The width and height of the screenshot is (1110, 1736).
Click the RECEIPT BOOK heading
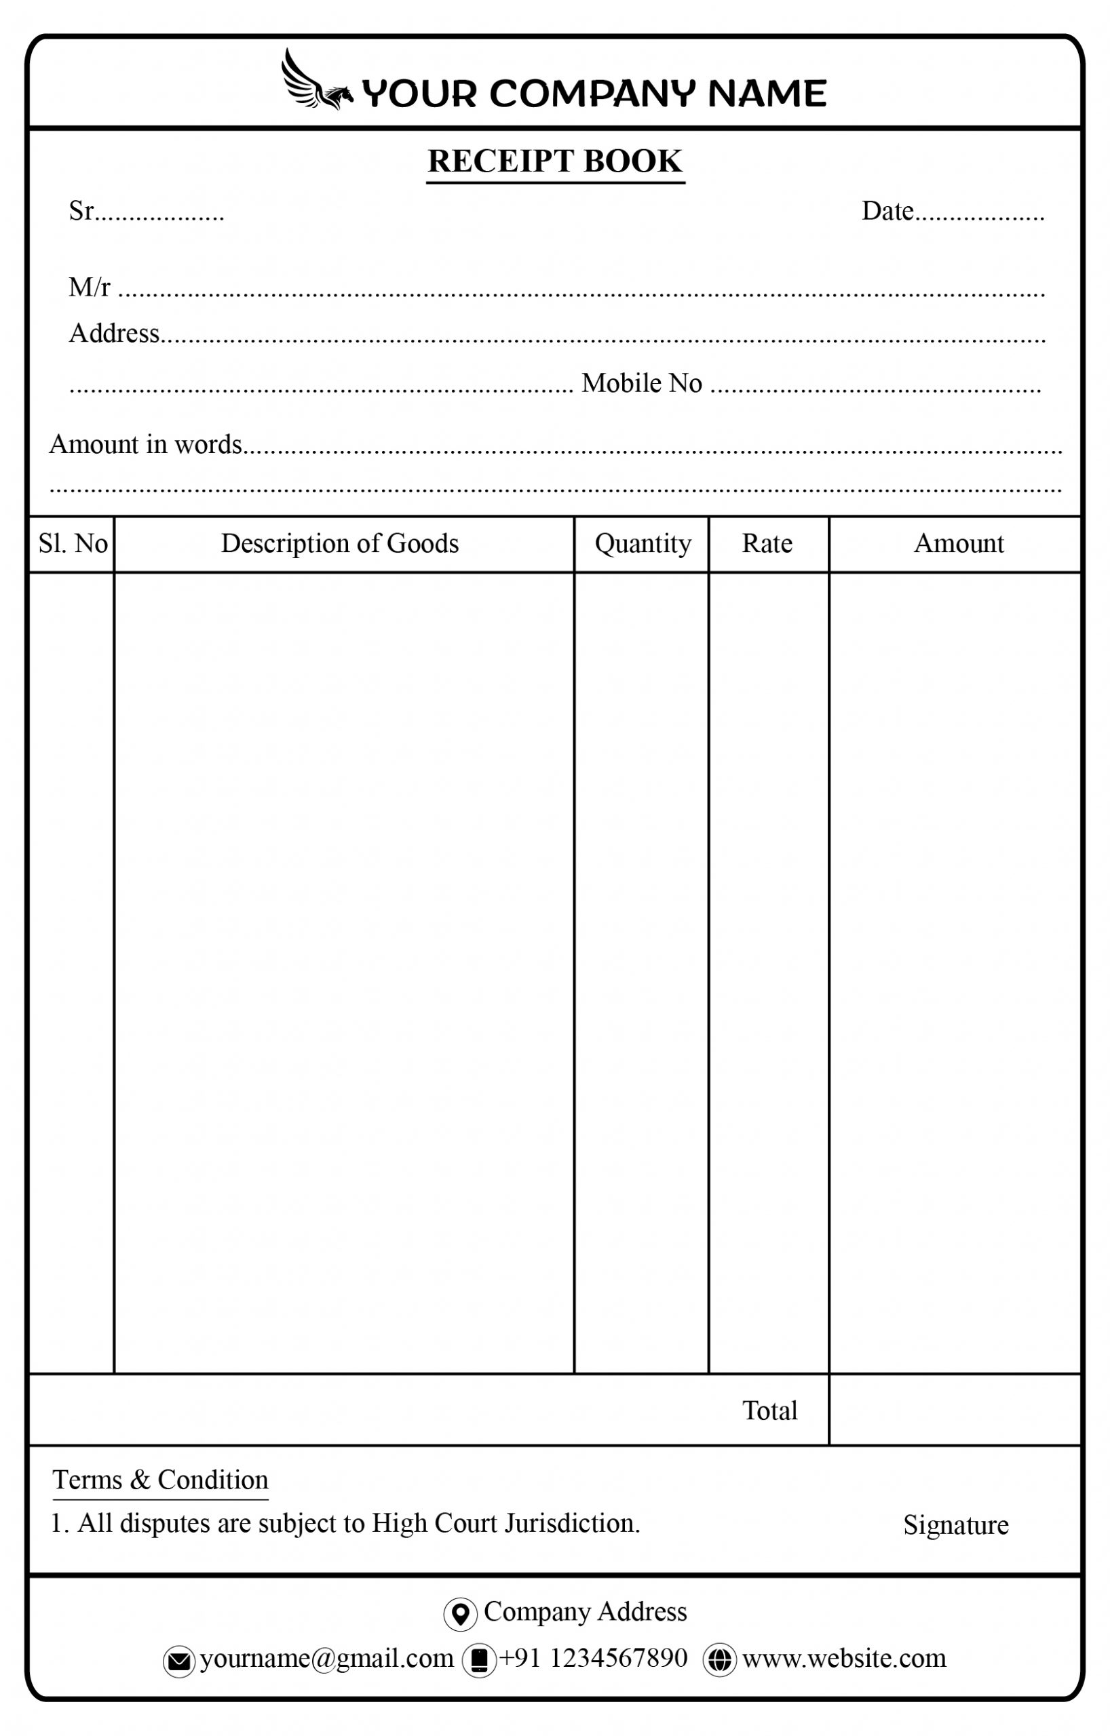[x=554, y=161]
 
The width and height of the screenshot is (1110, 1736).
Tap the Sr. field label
[x=81, y=211]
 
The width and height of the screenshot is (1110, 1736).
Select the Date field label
[x=887, y=211]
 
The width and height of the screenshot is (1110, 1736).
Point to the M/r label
[x=90, y=288]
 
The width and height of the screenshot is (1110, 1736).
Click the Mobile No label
[x=641, y=384]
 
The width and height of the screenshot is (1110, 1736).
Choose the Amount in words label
[x=146, y=445]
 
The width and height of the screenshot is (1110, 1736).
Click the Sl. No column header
[x=73, y=544]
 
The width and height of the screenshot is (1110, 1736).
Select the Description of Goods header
[x=340, y=544]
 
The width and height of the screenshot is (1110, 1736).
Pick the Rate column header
[x=767, y=544]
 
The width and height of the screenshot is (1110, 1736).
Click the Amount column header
[x=958, y=544]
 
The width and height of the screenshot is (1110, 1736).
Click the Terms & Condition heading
[x=160, y=1480]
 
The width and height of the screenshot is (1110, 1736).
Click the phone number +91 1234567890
[x=593, y=1658]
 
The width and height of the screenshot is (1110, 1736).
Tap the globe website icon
[x=719, y=1659]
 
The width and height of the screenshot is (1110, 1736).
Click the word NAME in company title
[x=767, y=94]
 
